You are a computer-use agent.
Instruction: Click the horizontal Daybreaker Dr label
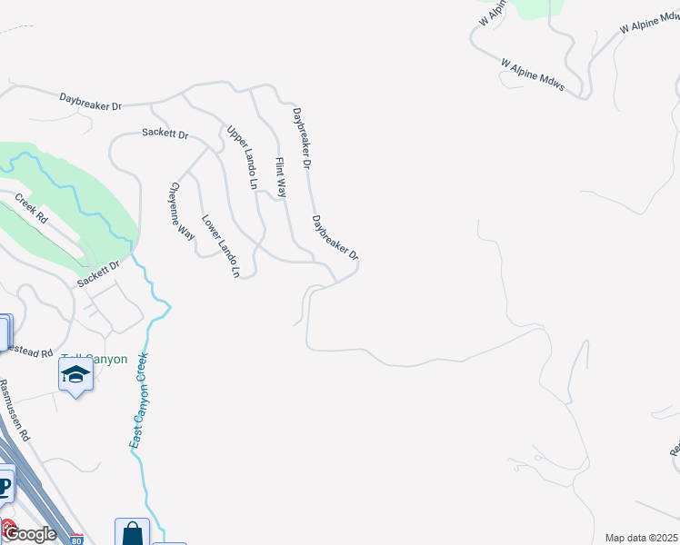91,101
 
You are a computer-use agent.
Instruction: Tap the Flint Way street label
281,178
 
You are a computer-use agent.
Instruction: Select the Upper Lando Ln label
243,157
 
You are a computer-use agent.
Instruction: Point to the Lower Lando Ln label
221,245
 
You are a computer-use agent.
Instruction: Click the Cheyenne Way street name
181,211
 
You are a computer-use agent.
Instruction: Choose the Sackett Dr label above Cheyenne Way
165,134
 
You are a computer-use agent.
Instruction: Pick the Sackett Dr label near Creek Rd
98,273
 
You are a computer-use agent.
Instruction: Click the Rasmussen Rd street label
15,410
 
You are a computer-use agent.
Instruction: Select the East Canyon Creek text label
139,400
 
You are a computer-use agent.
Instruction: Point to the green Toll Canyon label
95,359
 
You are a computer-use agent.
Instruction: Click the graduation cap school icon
75,373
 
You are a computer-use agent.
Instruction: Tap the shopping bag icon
132,532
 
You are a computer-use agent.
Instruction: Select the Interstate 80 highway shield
75,539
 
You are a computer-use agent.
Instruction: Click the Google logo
29,533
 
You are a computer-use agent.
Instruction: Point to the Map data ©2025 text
640,538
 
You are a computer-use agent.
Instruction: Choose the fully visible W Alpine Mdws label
532,75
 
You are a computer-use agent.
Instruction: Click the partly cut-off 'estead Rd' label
27,350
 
